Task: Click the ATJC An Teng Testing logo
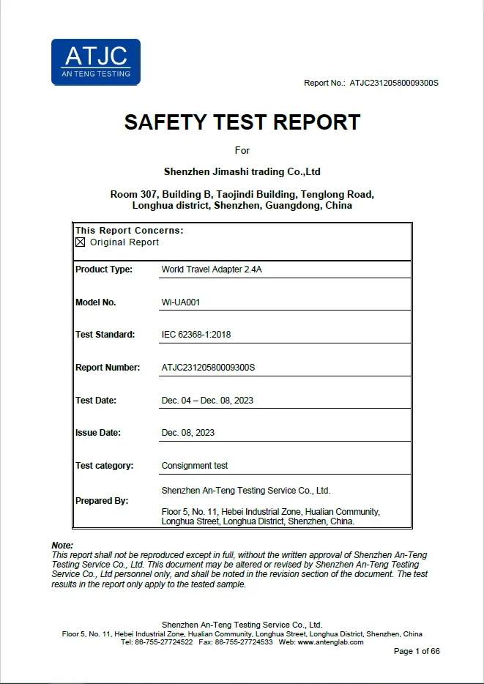95,62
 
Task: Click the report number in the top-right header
393,83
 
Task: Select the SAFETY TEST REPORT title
242,122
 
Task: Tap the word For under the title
242,150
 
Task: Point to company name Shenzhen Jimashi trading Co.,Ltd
242,172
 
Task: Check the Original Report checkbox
81,242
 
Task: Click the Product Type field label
104,269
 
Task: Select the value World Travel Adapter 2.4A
212,269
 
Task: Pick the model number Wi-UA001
180,302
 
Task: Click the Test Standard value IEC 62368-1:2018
196,335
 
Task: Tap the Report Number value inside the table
208,368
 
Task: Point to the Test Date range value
207,401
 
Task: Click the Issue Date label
98,433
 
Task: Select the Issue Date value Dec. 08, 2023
188,433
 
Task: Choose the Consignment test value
195,465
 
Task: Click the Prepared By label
102,501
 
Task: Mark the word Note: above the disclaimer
62,546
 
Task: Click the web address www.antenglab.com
330,642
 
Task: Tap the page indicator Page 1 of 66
417,652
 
